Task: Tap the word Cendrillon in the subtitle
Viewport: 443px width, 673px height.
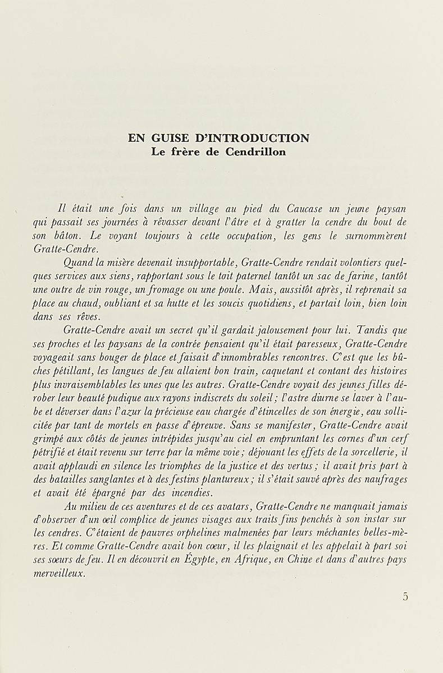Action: click(x=255, y=152)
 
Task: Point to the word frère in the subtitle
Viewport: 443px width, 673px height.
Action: click(x=193, y=152)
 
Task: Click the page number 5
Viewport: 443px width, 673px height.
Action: click(x=405, y=597)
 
